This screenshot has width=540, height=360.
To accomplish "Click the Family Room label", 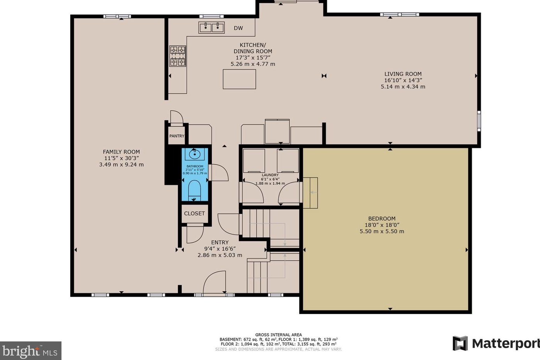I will point(121,152).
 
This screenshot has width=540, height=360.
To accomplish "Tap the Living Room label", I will point(403,74).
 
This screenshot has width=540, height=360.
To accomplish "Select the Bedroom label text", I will point(381,218).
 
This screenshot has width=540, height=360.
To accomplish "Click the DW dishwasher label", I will point(238,28).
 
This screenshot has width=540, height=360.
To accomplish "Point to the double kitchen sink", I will point(212,27).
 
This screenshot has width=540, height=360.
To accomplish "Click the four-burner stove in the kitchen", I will point(178,56).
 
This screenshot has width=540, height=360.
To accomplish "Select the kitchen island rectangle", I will point(239,79).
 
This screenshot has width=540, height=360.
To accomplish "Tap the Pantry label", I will point(177,136).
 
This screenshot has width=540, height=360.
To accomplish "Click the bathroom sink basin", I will point(195,155).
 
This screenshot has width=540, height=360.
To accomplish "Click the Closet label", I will point(194,213).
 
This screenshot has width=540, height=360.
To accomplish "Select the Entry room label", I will point(220,242).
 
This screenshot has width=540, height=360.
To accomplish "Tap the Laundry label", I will point(270,175).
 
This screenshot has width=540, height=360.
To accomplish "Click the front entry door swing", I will point(215,282).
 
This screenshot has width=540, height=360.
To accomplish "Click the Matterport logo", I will point(496,343).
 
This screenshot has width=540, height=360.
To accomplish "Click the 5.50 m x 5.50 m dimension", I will point(381,232).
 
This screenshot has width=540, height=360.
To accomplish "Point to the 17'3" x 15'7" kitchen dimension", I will point(253,57).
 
